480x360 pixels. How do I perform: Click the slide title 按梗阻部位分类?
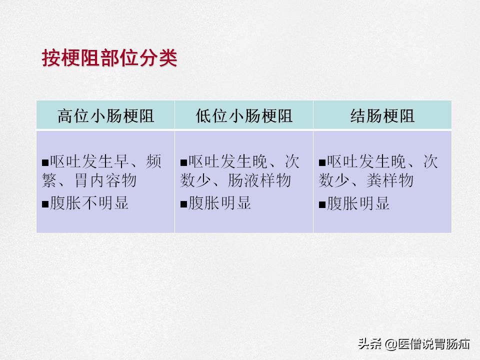(109, 58)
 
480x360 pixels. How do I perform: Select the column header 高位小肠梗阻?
(105, 116)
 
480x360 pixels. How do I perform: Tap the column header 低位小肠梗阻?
(244, 116)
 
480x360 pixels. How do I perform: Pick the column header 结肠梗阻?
(382, 116)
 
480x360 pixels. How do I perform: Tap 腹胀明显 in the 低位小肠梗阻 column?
(219, 203)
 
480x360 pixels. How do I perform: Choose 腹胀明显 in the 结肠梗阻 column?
(358, 203)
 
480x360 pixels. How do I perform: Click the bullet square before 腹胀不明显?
(45, 204)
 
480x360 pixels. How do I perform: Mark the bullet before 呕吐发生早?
(45, 162)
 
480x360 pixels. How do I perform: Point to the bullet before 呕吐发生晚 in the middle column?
(183, 162)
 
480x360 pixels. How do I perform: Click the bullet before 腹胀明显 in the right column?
(322, 204)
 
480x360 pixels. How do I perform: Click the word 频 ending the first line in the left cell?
(153, 161)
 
